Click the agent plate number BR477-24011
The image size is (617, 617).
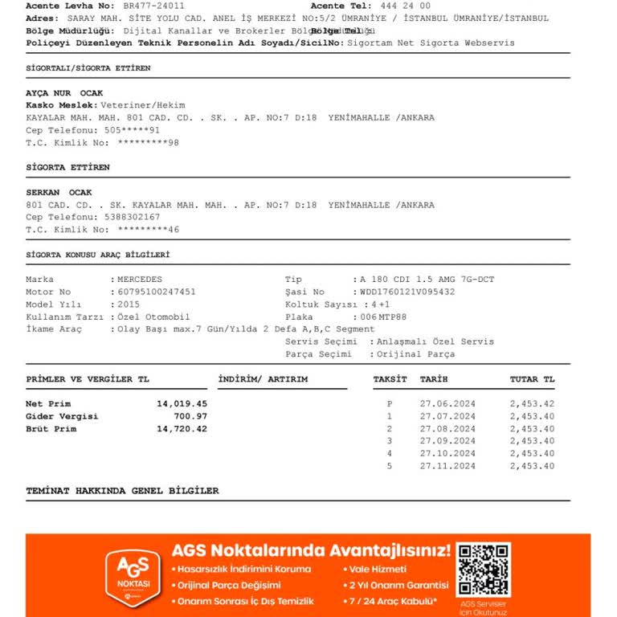tap(153, 6)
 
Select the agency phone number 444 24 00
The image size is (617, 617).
tap(405, 6)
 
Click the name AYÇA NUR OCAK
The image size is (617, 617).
tap(59, 93)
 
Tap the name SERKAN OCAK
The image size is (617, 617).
tap(59, 193)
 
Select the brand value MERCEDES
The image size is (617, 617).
tap(140, 280)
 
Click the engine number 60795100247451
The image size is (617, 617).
tap(157, 292)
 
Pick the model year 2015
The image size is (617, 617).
tap(129, 304)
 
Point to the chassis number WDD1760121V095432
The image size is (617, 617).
tap(407, 292)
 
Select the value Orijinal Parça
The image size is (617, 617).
tap(417, 353)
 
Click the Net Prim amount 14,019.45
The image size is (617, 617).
tap(182, 403)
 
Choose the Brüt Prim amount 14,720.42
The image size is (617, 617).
tap(182, 429)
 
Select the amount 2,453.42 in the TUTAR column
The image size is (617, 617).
tap(532, 403)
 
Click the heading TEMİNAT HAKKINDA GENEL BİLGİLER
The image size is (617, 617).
tap(122, 490)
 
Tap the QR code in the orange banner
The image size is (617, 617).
tap(483, 570)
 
